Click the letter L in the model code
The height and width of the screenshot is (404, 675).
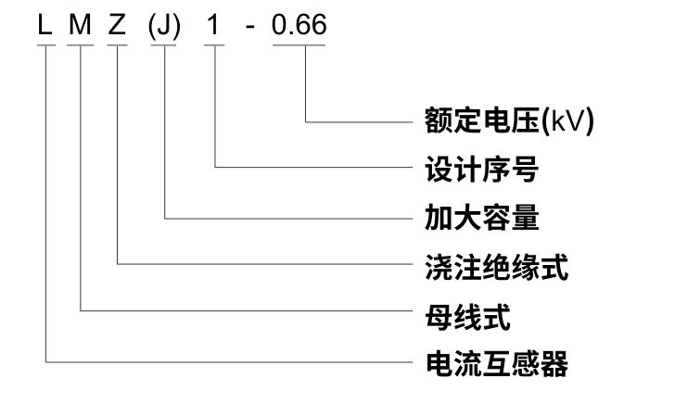coord(44,25)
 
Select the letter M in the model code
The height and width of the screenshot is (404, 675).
coord(82,25)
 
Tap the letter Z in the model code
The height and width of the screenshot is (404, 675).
coord(118,25)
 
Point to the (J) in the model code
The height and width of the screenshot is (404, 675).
coord(166,26)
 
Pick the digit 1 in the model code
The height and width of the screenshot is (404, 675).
coord(214,25)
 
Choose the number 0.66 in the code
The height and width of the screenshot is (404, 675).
coord(299,25)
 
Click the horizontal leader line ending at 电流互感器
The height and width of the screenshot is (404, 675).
coord(223,360)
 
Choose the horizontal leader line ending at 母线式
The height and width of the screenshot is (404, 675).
coord(241,311)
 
